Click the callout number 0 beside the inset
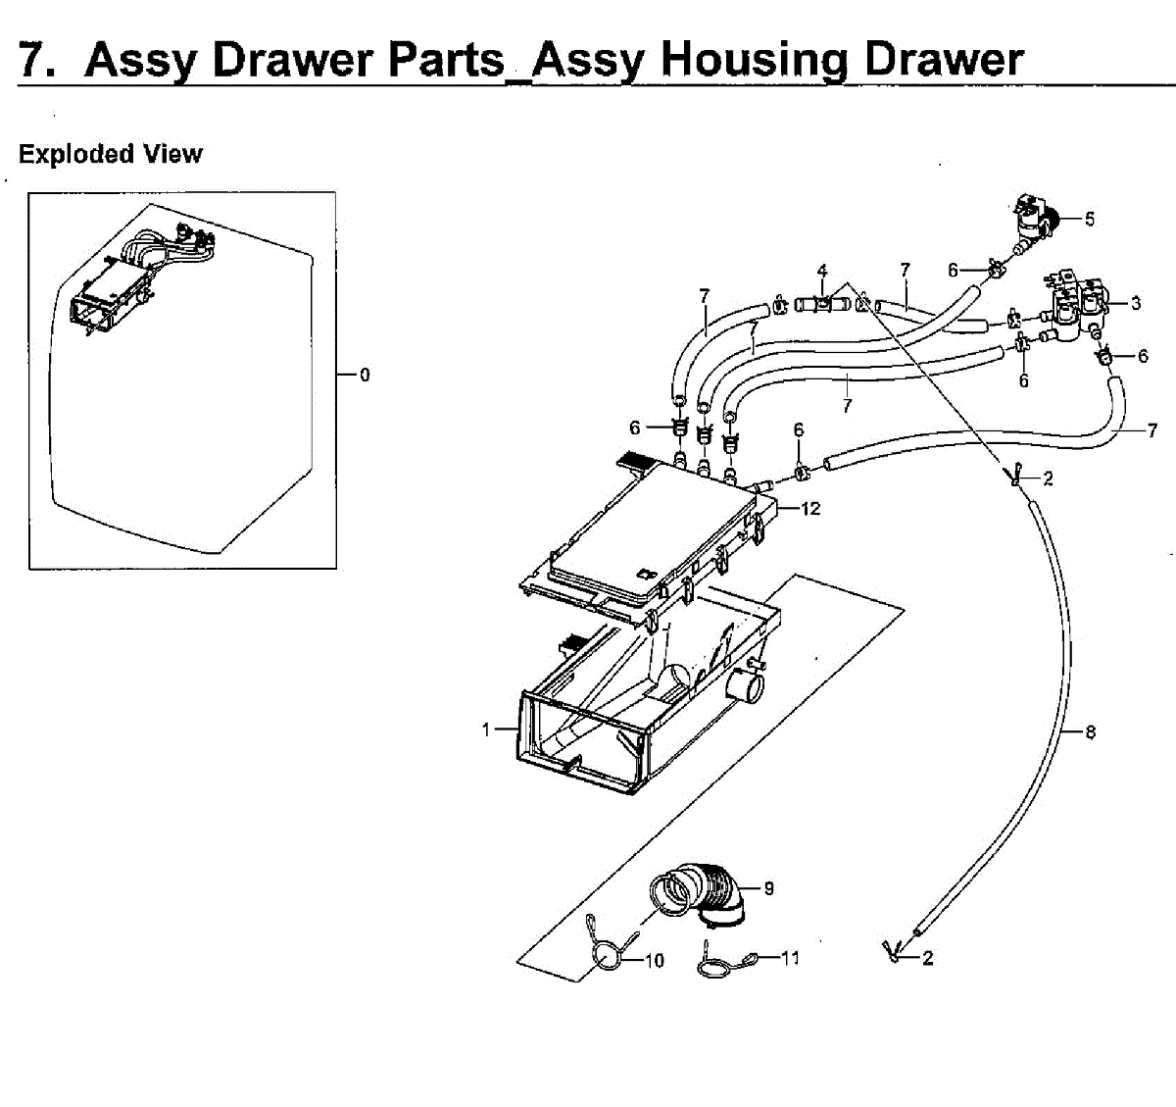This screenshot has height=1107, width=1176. click(365, 375)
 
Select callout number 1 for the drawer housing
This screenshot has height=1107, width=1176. click(485, 730)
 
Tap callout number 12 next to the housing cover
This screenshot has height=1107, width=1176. click(810, 508)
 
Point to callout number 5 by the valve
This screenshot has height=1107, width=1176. click(1090, 219)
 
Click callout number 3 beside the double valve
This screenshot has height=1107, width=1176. click(1135, 303)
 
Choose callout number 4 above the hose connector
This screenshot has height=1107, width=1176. click(822, 272)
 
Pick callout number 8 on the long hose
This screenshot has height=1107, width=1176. click(1090, 731)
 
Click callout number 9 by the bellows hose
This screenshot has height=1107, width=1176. click(769, 888)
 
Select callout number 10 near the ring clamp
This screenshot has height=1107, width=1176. click(654, 961)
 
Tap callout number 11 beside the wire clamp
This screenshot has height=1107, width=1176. click(790, 958)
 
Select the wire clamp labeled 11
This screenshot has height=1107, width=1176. click(723, 965)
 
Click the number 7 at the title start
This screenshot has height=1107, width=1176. click(35, 60)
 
